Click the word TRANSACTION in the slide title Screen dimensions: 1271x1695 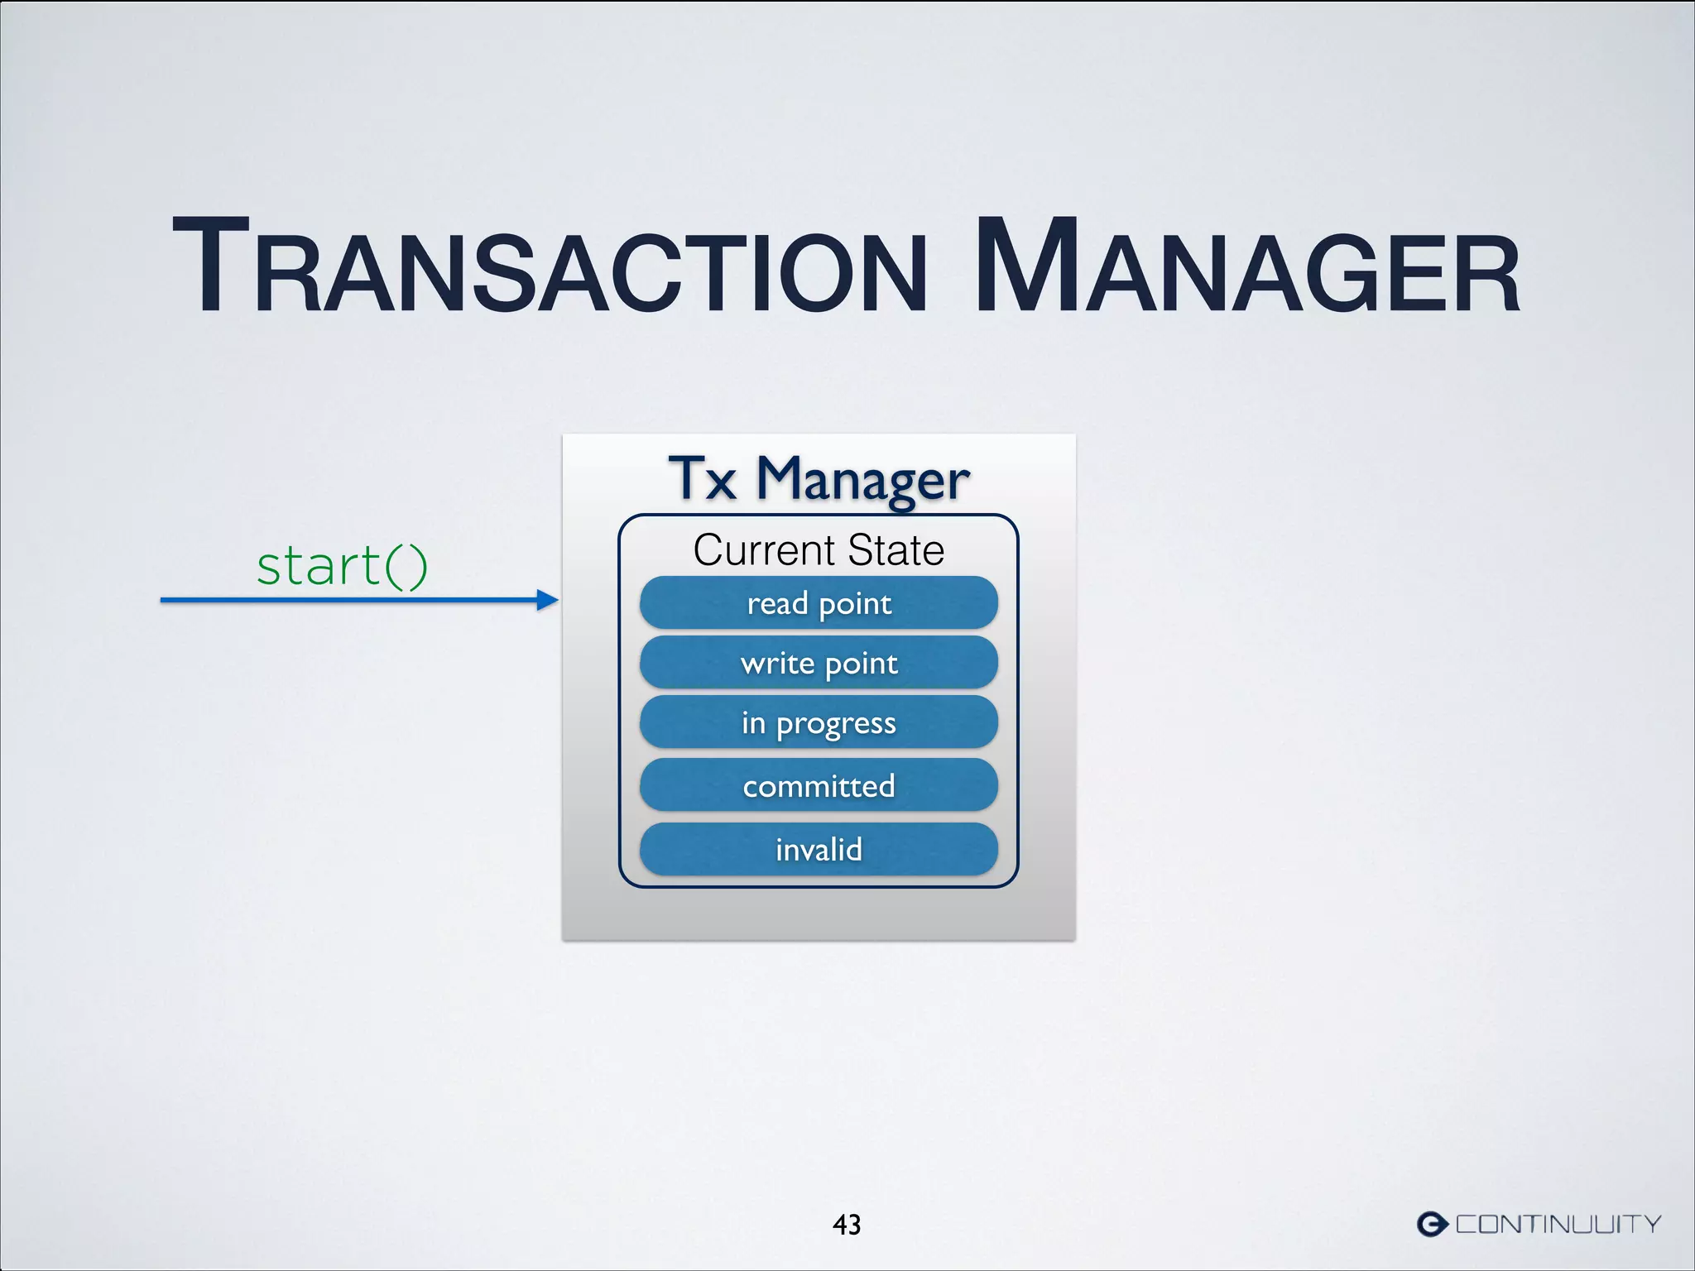(x=550, y=266)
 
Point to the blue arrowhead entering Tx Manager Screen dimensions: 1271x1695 (x=547, y=600)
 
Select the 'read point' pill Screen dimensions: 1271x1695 (x=819, y=603)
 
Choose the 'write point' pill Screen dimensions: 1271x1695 (x=819, y=663)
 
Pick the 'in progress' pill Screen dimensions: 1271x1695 (x=819, y=723)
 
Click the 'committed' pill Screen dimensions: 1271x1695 (x=819, y=785)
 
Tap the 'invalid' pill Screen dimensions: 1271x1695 (x=819, y=849)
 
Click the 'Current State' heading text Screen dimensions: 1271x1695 (x=819, y=550)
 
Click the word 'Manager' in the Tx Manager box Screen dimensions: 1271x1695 (x=862, y=480)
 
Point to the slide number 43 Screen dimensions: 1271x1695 (x=847, y=1225)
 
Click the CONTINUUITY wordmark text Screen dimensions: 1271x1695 (x=1558, y=1224)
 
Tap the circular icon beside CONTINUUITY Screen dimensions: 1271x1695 (x=1433, y=1224)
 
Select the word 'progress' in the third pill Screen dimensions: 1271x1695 (x=836, y=725)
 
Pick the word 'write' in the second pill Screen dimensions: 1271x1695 (x=777, y=663)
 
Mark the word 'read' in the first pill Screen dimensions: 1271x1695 (x=777, y=603)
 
